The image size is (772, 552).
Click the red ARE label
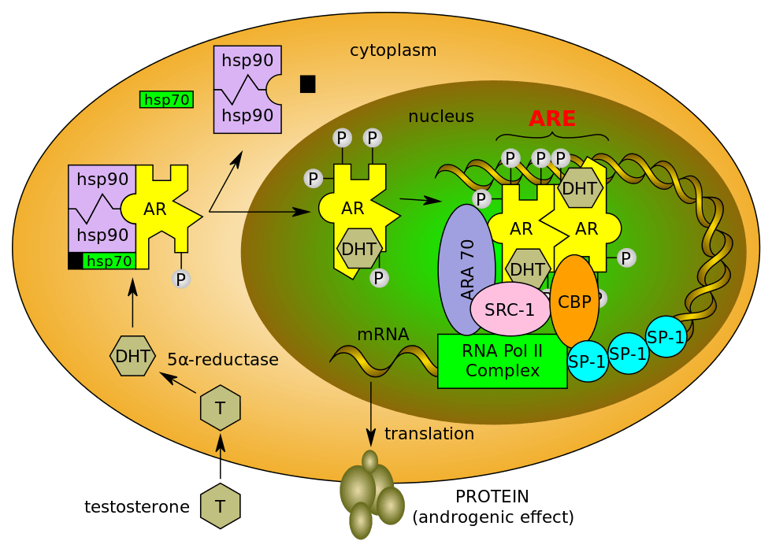pos(551,118)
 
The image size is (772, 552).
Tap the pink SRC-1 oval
pos(510,309)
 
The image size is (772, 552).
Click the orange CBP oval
pos(573,302)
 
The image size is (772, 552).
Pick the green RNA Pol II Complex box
pos(502,361)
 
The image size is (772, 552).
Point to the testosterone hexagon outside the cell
pos(220,506)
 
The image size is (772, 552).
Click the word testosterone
pos(136,507)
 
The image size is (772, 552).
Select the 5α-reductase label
pos(223,360)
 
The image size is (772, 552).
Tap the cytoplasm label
pos(393,50)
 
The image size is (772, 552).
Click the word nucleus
pos(440,117)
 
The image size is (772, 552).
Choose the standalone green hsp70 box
pos(167,99)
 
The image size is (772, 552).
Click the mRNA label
pos(383,334)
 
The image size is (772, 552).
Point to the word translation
pos(429,434)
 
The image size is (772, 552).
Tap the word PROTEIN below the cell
pos(492,497)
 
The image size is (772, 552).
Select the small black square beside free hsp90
pos(307,83)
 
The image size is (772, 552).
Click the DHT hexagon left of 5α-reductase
pos(132,355)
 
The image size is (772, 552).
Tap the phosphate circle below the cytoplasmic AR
pos(181,278)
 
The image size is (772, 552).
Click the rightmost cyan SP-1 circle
pos(666,336)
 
